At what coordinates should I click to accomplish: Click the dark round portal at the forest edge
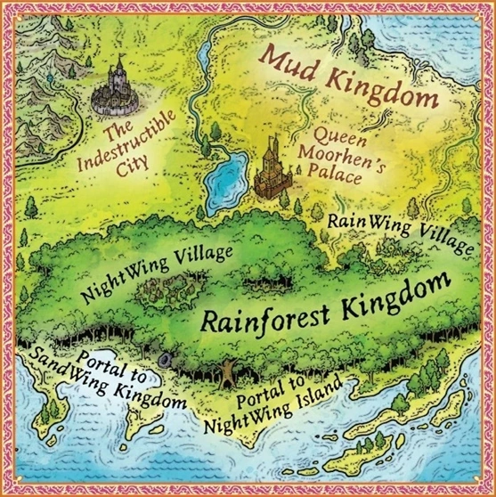click(x=166, y=359)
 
